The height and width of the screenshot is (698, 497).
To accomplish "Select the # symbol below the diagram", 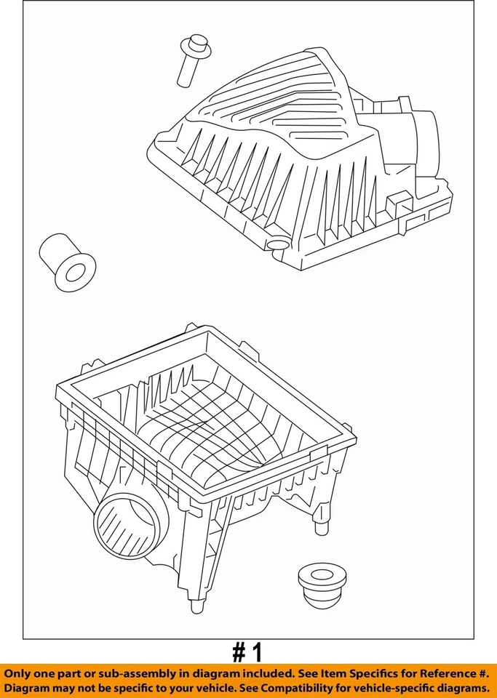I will [239, 652].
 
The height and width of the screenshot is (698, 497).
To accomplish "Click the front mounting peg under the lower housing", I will [194, 606].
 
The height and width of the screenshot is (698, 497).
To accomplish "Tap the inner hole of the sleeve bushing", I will [76, 272].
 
